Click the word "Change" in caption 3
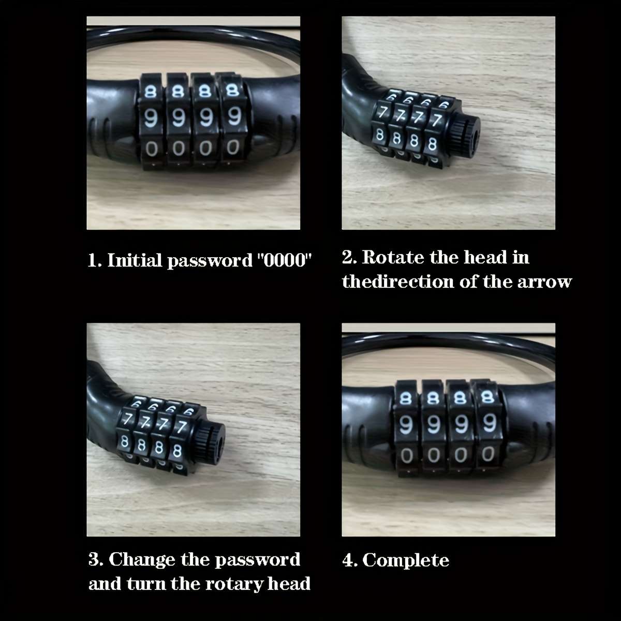[x=142, y=559]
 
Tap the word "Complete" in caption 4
[x=405, y=560]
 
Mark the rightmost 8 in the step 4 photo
[x=486, y=397]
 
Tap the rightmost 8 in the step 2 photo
[x=432, y=143]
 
